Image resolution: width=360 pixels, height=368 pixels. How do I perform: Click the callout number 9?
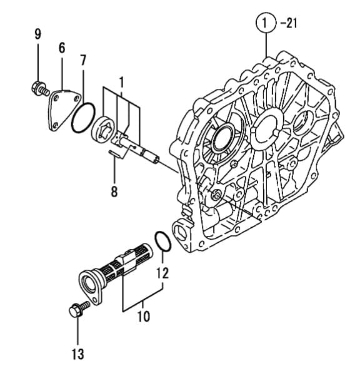click(x=37, y=34)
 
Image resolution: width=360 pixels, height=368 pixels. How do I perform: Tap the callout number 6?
click(x=62, y=48)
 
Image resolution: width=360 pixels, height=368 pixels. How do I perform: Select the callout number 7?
click(x=83, y=61)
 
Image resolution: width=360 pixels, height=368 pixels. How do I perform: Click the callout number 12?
click(x=162, y=273)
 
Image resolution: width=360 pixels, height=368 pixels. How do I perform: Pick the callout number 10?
click(x=144, y=317)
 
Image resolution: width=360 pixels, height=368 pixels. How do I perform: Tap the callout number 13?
click(x=77, y=354)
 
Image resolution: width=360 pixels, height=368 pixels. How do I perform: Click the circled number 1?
click(x=265, y=23)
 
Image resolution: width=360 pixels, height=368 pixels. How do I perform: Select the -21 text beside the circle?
click(x=289, y=23)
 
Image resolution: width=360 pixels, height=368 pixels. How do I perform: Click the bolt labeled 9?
click(x=40, y=88)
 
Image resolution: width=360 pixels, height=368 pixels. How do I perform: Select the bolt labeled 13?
click(x=79, y=309)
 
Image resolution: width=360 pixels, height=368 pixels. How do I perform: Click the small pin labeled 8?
click(x=115, y=154)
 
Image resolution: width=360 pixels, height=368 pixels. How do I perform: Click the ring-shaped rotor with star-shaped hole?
click(x=103, y=129)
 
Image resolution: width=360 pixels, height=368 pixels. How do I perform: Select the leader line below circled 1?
click(x=266, y=45)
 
